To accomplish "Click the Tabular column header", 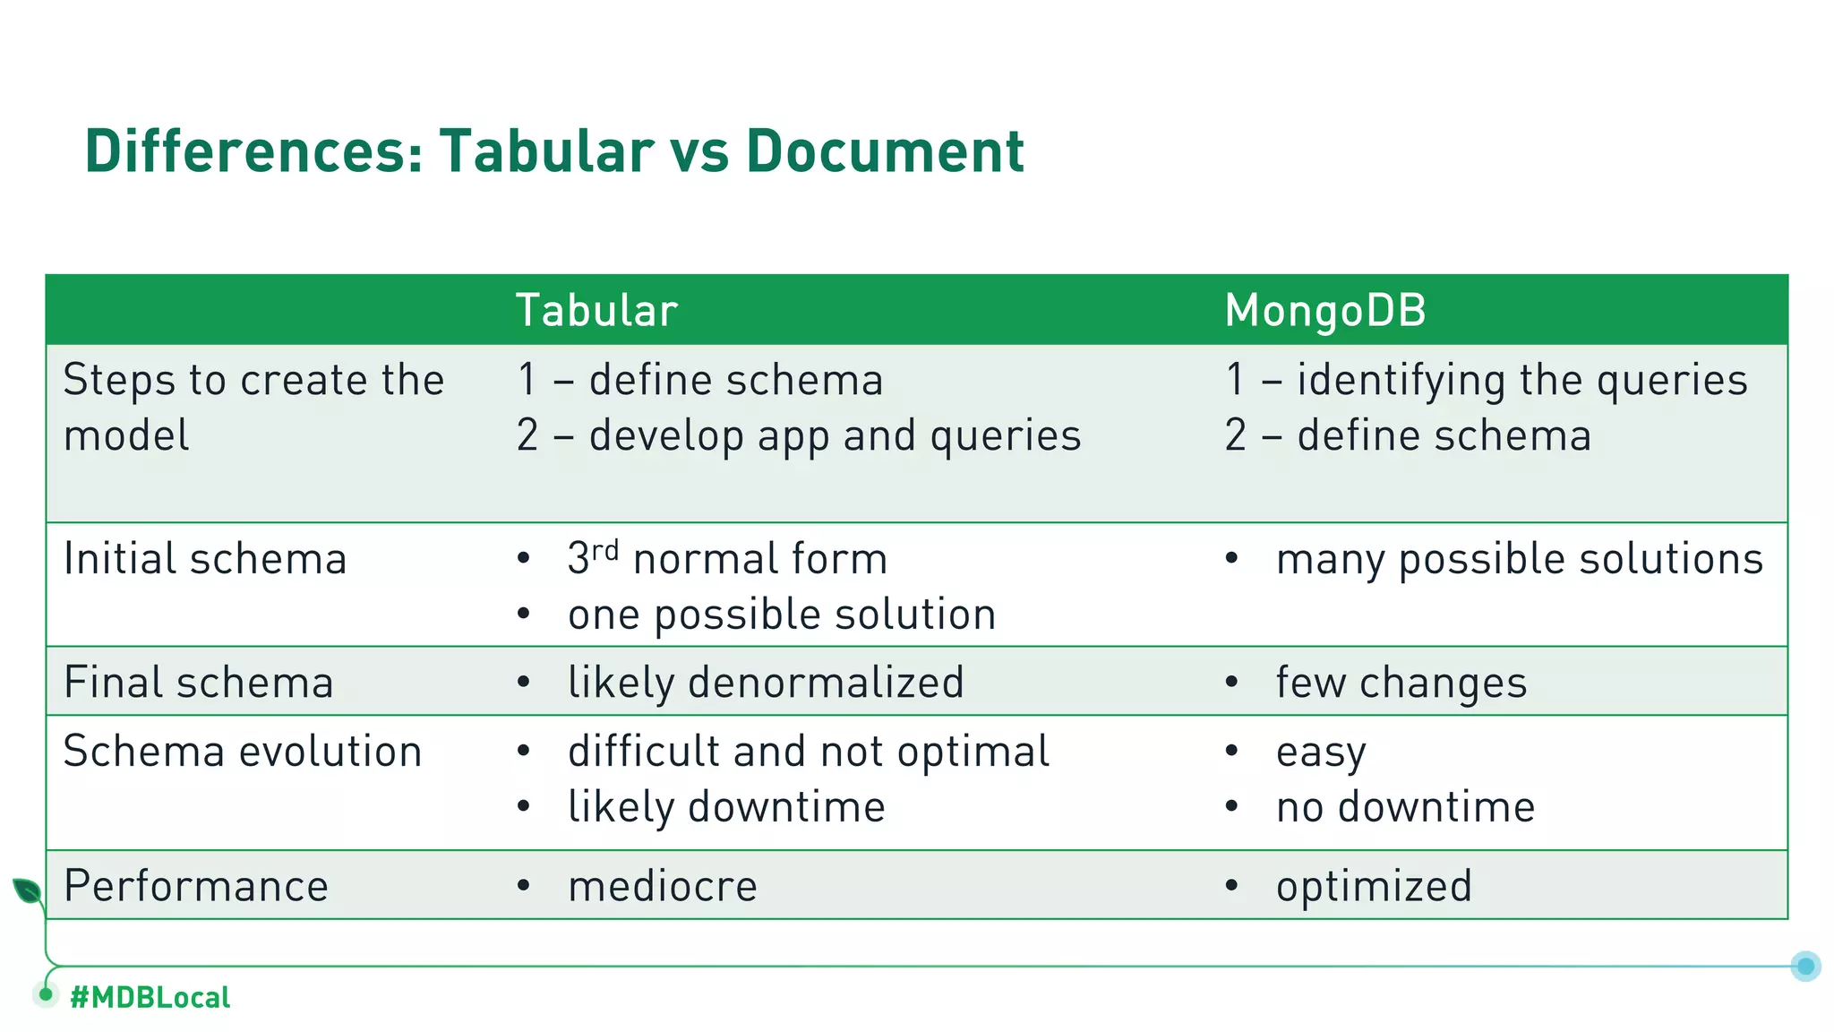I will pos(596,311).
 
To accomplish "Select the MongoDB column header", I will pos(1324,311).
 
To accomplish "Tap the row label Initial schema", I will pos(205,559).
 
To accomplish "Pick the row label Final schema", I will pos(199,683).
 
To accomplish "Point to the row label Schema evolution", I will pos(243,751).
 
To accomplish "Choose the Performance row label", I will pos(196,886).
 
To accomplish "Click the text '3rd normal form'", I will pos(727,559).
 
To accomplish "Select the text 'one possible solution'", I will pos(782,615).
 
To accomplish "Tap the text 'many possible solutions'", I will pos(1519,559).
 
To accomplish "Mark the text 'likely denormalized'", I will pos(766,683).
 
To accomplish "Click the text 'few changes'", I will pos(1401,683).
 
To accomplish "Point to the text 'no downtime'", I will pos(1405,807).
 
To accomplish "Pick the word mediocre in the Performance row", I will pos(663,886).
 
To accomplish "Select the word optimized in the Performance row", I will pos(1374,886).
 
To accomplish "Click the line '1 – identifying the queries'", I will pos(1486,380).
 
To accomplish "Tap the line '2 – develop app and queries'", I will pos(799,436).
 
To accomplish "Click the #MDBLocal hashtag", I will pos(150,997).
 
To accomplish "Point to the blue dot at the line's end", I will pos(1805,966).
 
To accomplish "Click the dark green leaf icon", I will pos(27,890).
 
